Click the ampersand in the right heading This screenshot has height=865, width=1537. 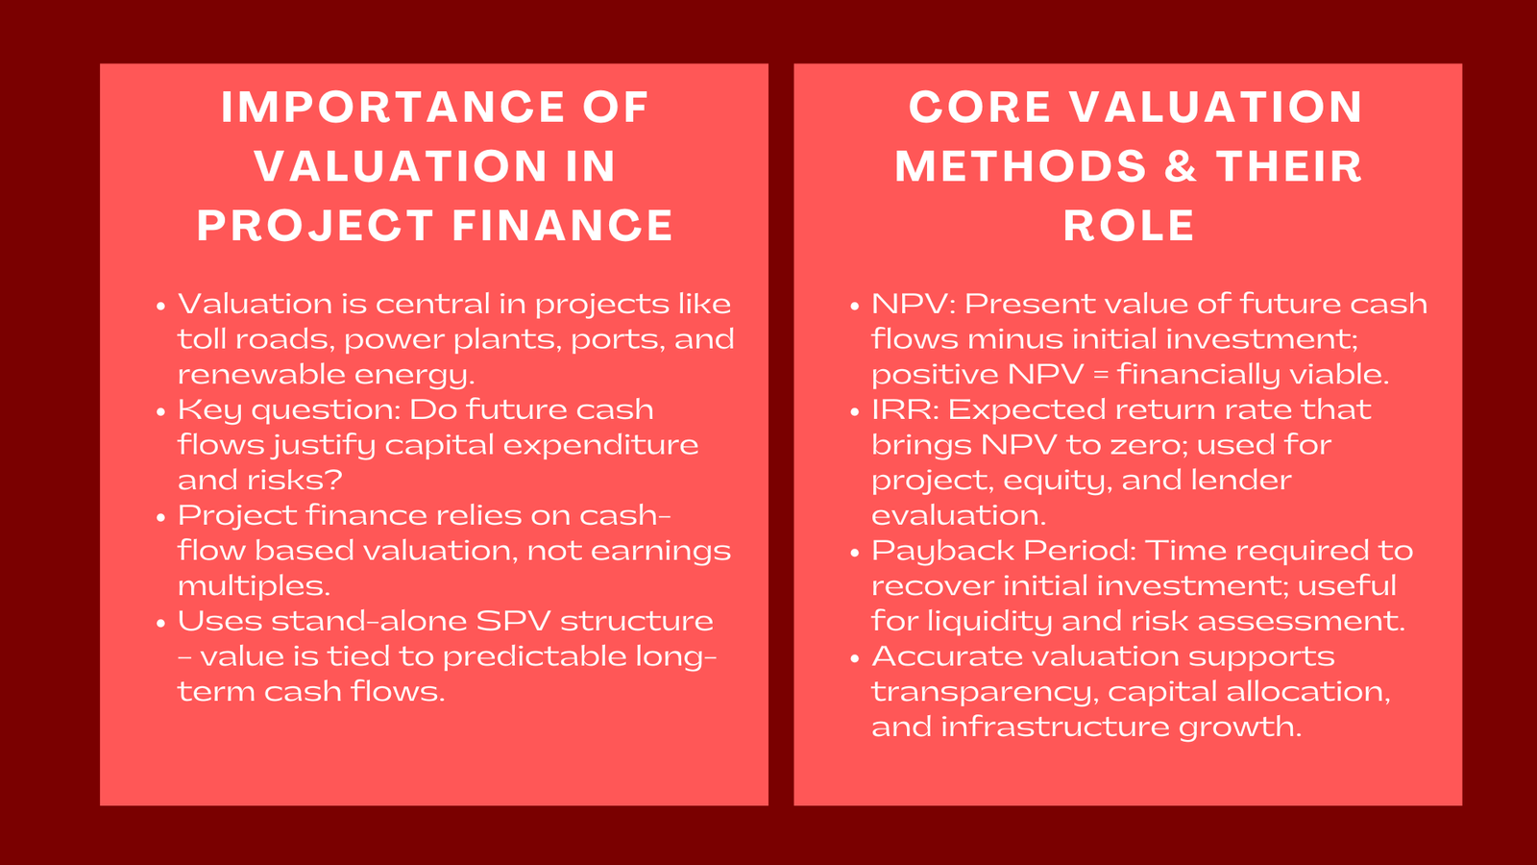point(1181,166)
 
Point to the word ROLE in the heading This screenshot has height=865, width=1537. point(1129,226)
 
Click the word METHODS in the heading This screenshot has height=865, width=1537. point(1020,166)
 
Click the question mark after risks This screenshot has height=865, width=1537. point(335,480)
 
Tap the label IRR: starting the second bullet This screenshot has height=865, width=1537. point(905,410)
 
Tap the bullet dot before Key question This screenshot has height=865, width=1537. point(161,411)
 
